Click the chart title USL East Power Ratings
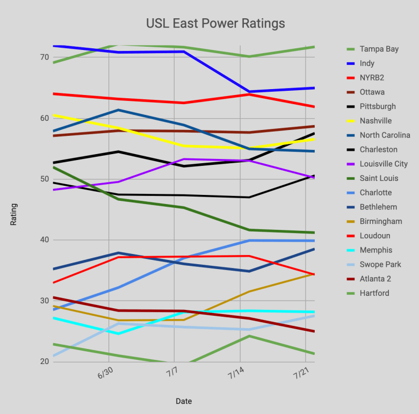(215, 24)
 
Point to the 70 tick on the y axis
(44, 57)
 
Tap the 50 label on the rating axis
(44, 179)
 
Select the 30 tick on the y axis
(44, 301)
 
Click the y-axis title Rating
(14, 214)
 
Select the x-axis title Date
(183, 401)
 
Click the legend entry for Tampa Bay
(379, 49)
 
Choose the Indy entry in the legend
(367, 63)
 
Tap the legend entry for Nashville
(375, 121)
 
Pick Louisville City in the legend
(384, 164)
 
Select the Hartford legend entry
(374, 293)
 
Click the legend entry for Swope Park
(380, 264)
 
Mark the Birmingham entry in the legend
(381, 221)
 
